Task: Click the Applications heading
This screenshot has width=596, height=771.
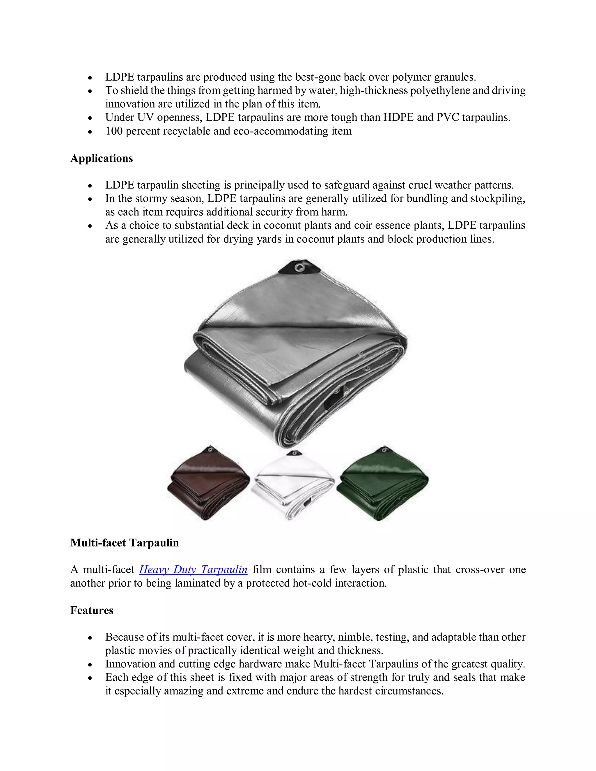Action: (x=101, y=158)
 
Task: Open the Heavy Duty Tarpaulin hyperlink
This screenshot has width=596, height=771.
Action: (x=193, y=569)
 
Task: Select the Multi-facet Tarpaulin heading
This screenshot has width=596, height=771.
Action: (x=124, y=543)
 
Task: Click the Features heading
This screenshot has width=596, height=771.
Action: (x=91, y=610)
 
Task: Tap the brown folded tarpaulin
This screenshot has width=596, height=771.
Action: (x=208, y=484)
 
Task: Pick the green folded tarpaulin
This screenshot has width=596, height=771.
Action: (x=383, y=484)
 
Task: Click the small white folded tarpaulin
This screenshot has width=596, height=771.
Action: (x=293, y=485)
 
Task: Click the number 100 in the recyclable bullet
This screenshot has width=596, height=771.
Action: (x=114, y=131)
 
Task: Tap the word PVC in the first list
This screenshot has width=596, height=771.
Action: (x=447, y=117)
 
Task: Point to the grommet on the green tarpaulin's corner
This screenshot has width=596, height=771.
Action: (x=384, y=450)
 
